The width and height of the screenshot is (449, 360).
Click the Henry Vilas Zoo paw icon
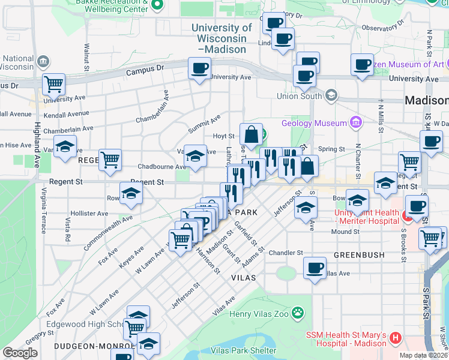click(x=297, y=313)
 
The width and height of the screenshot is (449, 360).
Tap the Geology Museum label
click(x=321, y=123)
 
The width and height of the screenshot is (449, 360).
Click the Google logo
click(x=20, y=353)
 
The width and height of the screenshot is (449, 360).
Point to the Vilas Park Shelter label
click(x=246, y=350)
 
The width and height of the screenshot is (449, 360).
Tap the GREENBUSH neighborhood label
click(x=359, y=255)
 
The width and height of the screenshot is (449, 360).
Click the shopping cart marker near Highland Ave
click(x=53, y=85)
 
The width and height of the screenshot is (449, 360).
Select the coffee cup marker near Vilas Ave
click(x=315, y=268)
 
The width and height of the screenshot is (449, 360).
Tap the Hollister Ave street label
click(x=89, y=214)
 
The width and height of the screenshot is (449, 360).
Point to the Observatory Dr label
click(x=382, y=28)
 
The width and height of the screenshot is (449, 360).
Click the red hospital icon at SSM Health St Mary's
click(x=395, y=338)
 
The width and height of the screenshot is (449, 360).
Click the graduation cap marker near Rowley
click(x=131, y=193)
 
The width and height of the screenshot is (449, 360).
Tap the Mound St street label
click(x=344, y=232)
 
